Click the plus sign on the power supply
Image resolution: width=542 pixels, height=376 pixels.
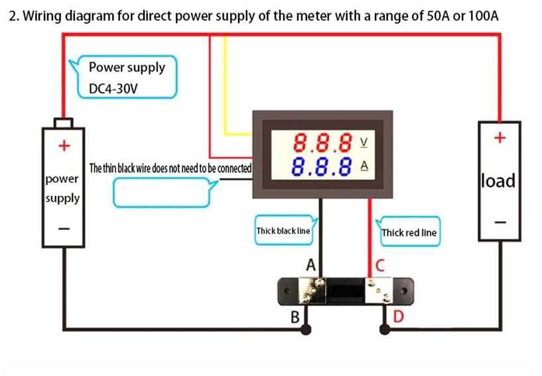click(x=64, y=145)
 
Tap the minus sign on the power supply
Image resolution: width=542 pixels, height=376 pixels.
click(x=64, y=228)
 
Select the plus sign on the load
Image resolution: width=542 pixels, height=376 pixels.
click(x=500, y=138)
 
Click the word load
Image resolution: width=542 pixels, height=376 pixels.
click(x=499, y=180)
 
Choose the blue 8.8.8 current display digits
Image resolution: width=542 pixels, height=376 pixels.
click(x=322, y=165)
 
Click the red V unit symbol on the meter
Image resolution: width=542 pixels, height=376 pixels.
click(x=363, y=142)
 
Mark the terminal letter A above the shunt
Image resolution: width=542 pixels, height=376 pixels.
click(x=310, y=265)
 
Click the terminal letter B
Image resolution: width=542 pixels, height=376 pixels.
click(x=295, y=318)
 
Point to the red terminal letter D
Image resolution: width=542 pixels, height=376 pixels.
click(x=398, y=317)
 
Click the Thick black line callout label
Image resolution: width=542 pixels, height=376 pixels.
click(x=283, y=231)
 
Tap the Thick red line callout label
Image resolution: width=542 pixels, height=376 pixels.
click(x=409, y=232)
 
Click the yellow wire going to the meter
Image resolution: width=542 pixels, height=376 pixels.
click(x=226, y=86)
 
